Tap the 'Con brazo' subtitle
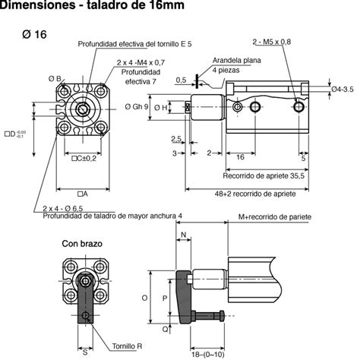[x=82, y=244]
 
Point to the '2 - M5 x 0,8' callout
[x=271, y=41]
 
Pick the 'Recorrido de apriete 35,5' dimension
[x=264, y=175]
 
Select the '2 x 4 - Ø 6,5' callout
[x=65, y=207]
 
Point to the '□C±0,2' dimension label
[x=84, y=158]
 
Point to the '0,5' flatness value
[x=181, y=79]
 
